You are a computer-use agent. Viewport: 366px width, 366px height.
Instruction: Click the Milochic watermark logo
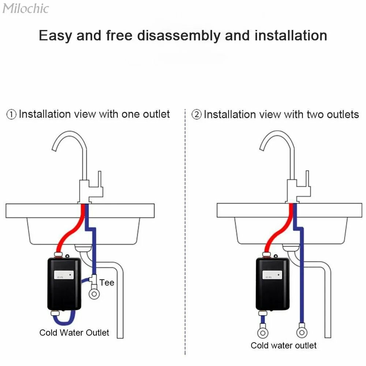(25, 8)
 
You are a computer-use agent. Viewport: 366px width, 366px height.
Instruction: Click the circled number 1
(11, 115)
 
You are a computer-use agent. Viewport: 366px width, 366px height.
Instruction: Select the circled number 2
(197, 115)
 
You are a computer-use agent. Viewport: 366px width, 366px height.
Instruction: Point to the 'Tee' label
(107, 283)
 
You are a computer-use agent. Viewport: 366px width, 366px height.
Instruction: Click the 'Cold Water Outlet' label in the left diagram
(74, 332)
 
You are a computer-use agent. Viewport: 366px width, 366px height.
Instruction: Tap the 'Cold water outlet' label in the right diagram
(284, 345)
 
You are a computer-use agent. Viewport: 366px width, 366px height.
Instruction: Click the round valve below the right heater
(262, 333)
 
